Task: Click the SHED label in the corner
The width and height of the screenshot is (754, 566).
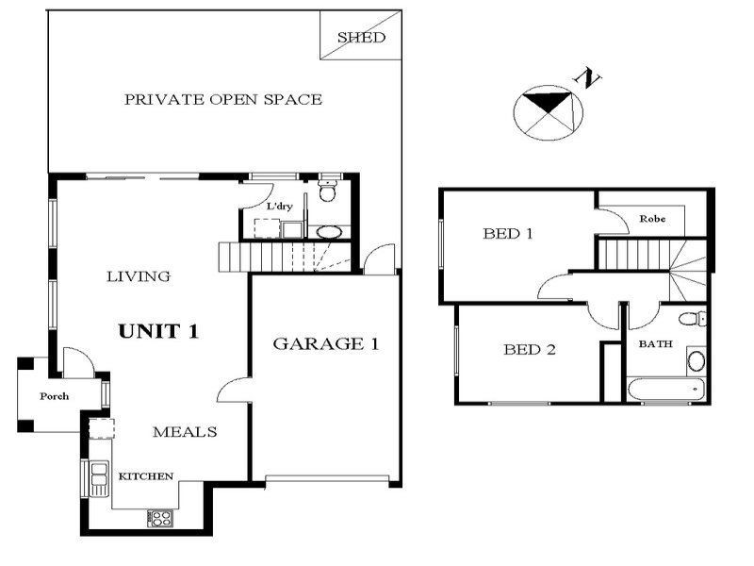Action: pos(362,38)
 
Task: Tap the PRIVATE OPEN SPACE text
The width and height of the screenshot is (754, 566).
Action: pos(223,99)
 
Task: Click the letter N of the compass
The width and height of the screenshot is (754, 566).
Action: pos(591,78)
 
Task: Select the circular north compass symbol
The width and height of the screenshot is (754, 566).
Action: pos(549,112)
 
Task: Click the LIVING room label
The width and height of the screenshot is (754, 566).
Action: pos(138,276)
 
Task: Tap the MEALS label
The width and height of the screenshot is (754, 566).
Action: pos(185,432)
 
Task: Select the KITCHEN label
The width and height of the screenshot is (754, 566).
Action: pos(145,476)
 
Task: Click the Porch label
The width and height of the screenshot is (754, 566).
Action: pos(54,396)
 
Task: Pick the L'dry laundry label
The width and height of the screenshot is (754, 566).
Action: pos(279,207)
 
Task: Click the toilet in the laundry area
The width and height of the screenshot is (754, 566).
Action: pos(327,191)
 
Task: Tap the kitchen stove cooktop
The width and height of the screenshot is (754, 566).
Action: pos(159,517)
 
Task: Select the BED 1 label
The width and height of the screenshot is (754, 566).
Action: pos(508,233)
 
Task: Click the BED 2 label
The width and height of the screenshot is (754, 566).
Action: pos(529,350)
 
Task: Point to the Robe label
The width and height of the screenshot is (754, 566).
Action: pos(652,219)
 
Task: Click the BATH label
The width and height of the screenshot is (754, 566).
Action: pos(656,344)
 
